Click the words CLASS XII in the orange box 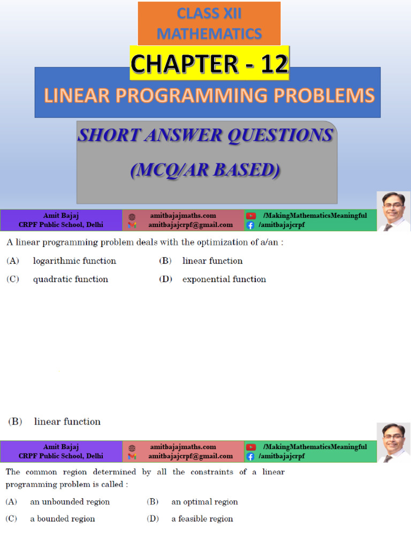[x=209, y=13]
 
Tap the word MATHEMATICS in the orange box [x=209, y=34]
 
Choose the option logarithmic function [x=74, y=261]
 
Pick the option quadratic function [x=70, y=279]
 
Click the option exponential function [x=224, y=279]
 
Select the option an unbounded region [x=70, y=502]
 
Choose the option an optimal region [x=204, y=502]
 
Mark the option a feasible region [x=202, y=519]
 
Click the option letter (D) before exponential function [x=166, y=279]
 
